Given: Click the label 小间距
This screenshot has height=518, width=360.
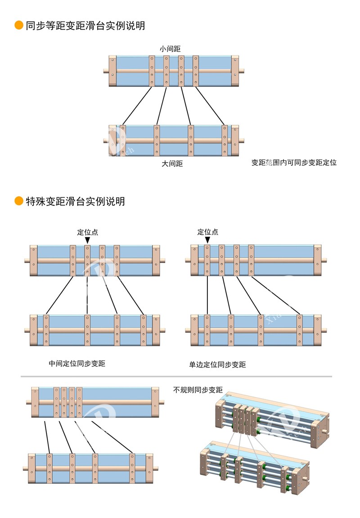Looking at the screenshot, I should pyautogui.click(x=170, y=48).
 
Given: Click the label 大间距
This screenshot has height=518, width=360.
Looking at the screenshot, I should pyautogui.click(x=172, y=164).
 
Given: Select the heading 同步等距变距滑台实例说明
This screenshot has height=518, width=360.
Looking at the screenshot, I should pyautogui.click(x=85, y=26).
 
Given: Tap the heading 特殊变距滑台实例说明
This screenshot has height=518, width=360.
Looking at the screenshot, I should pyautogui.click(x=75, y=201).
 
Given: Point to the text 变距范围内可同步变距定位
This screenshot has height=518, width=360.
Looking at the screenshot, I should pyautogui.click(x=294, y=162).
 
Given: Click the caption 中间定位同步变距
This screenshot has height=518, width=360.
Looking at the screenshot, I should pyautogui.click(x=77, y=363).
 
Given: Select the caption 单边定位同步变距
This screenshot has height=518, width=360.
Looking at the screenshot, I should pyautogui.click(x=217, y=364).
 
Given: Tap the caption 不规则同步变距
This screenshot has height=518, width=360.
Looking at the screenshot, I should pyautogui.click(x=198, y=390).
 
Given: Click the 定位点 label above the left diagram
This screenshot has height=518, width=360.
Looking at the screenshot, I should pyautogui.click(x=87, y=232).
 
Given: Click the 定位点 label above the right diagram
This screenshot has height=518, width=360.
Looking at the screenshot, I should pyautogui.click(x=207, y=232).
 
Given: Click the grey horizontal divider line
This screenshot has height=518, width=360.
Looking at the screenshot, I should pyautogui.click(x=176, y=376).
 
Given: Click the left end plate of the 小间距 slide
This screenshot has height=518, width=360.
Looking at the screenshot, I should pyautogui.click(x=112, y=71).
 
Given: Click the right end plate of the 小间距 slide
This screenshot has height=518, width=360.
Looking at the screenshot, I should pyautogui.click(x=235, y=71).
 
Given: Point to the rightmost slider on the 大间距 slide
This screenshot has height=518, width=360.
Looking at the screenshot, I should pyautogui.click(x=225, y=141).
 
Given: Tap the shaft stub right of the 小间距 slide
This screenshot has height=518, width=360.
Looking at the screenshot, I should pyautogui.click(x=242, y=71).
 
